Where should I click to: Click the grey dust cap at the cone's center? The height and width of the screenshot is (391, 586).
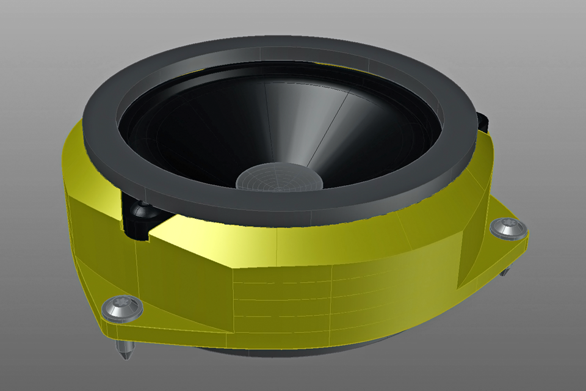[x=278, y=177]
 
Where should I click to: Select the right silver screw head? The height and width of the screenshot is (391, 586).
[x=508, y=228]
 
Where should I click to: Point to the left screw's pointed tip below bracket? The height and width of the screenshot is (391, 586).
[x=125, y=351]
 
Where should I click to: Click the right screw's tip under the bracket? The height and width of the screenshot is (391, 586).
[x=504, y=272]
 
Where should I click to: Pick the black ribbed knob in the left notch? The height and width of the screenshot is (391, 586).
[x=142, y=211]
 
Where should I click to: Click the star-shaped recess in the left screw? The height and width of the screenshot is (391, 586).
[x=122, y=307]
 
